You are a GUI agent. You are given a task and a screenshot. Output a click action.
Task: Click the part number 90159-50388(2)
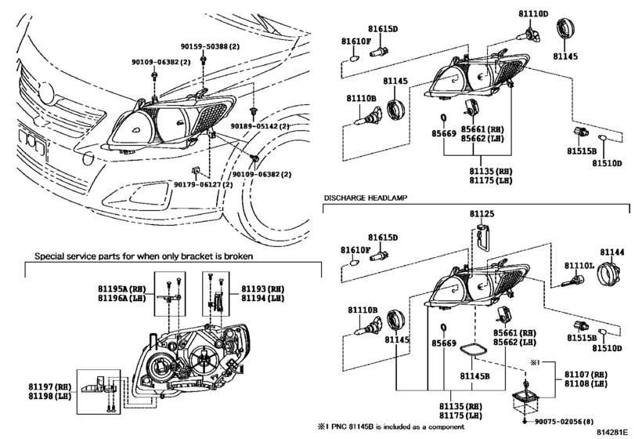[210, 46]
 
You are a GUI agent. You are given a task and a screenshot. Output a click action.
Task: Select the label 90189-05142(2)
[260, 126]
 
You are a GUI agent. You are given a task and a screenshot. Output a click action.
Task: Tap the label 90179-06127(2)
[204, 184]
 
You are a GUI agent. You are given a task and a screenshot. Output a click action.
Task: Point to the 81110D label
[533, 14]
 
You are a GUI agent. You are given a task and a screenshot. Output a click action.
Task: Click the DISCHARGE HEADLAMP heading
[366, 198]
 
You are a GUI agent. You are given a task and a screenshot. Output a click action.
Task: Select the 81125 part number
[482, 214]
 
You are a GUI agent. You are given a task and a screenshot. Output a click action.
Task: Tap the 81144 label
[612, 252]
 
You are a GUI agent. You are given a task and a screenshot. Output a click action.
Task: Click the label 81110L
[579, 266]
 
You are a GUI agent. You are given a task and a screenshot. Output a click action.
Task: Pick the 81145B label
[474, 376]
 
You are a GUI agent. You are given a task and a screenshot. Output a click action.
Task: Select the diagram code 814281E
[613, 433]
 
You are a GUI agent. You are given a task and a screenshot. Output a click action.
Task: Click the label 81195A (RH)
[121, 288]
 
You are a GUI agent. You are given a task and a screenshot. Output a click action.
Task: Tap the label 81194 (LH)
[263, 298]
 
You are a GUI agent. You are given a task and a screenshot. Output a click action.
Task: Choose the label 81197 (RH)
[50, 386]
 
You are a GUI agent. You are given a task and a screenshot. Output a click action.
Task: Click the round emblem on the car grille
[45, 93]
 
